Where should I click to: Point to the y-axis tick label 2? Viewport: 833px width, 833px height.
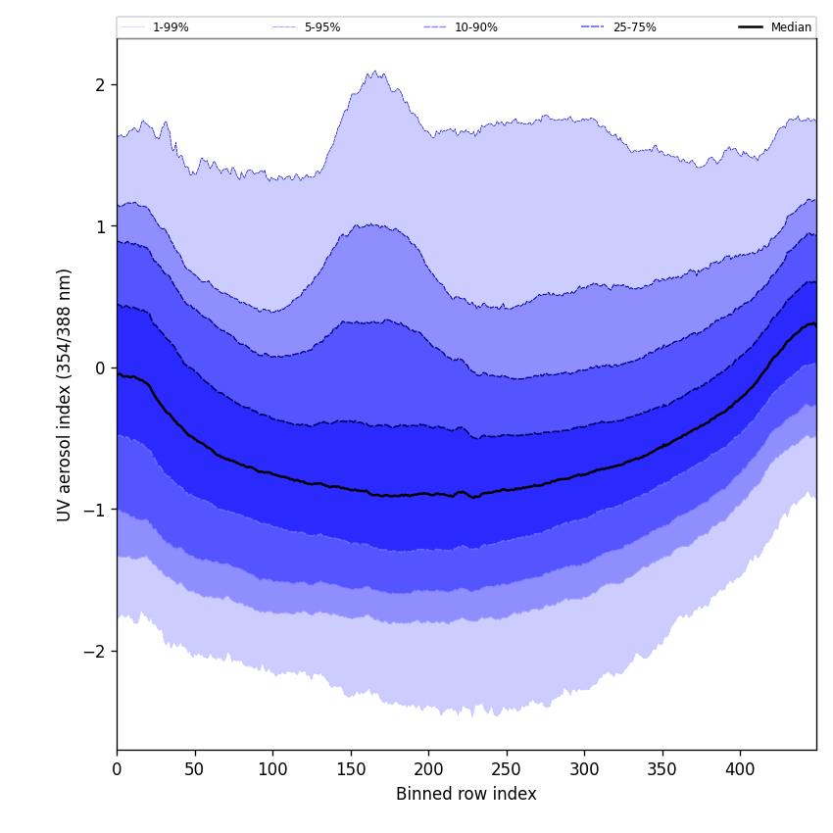pyautogui.click(x=99, y=85)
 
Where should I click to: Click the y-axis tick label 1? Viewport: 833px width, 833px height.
pyautogui.click(x=99, y=226)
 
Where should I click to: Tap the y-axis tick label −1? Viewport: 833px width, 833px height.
pyautogui.click(x=94, y=510)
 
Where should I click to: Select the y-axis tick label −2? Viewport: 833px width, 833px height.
pyautogui.click(x=94, y=652)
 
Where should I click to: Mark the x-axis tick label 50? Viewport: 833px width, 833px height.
pyautogui.click(x=195, y=769)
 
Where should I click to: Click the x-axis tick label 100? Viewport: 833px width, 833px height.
pyautogui.click(x=272, y=769)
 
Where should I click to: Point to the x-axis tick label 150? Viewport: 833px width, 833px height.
pyautogui.click(x=351, y=769)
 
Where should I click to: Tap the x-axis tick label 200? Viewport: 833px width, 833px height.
pyautogui.click(x=428, y=769)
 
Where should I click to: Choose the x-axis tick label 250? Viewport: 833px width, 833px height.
pyautogui.click(x=507, y=769)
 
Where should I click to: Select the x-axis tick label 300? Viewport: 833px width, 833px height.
pyautogui.click(x=584, y=769)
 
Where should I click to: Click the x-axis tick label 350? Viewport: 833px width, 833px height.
pyautogui.click(x=662, y=769)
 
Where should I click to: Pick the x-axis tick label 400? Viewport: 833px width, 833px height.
pyautogui.click(x=740, y=769)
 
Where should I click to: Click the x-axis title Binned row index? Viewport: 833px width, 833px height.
pyautogui.click(x=465, y=794)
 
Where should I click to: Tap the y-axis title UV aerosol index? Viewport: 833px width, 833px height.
pyautogui.click(x=65, y=394)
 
